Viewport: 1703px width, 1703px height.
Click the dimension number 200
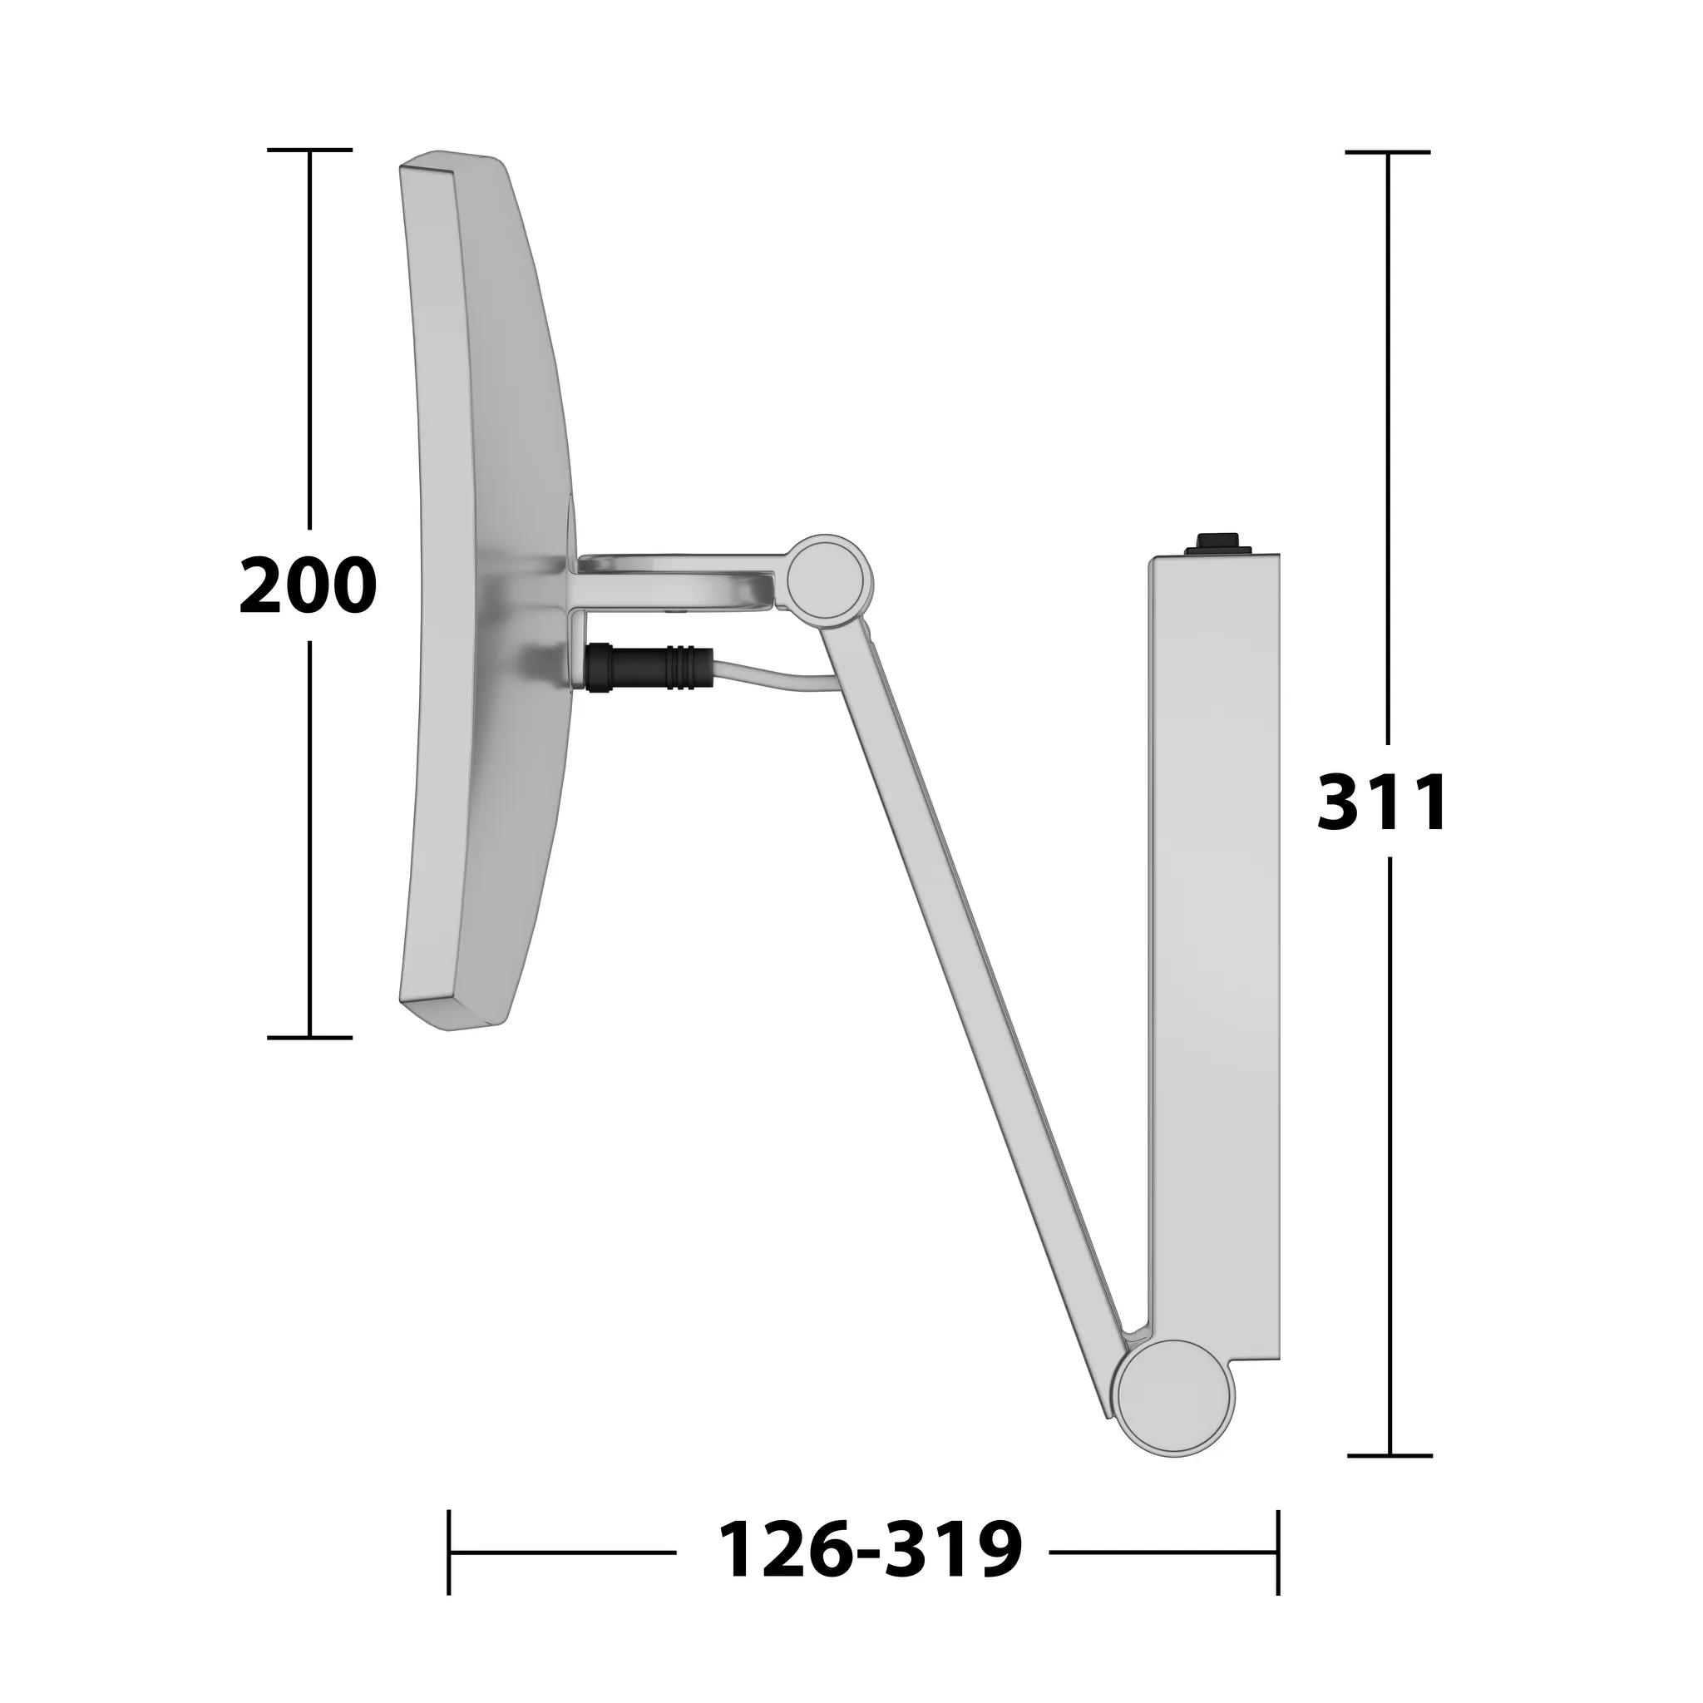(308, 586)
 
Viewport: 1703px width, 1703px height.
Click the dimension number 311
(1381, 802)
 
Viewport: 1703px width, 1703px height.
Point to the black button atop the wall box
(1218, 542)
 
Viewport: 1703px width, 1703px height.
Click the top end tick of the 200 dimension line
(309, 151)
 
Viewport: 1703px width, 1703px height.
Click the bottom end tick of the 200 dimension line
(309, 1038)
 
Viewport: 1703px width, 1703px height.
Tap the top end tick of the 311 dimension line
(1389, 152)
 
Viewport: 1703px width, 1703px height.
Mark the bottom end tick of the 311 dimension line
(1390, 1455)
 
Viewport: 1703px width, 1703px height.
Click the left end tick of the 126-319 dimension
(450, 1552)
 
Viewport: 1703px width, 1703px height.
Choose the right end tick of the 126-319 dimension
(1277, 1552)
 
